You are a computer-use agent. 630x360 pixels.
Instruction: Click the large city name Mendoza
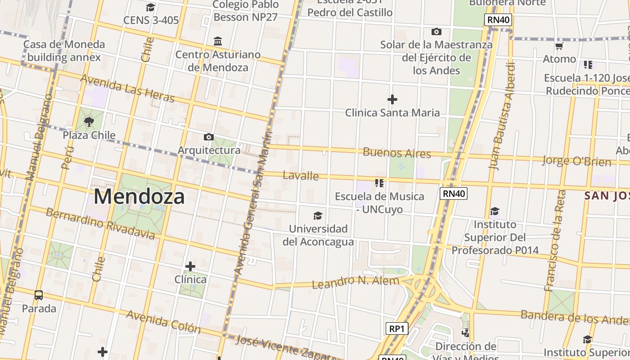pyautogui.click(x=139, y=197)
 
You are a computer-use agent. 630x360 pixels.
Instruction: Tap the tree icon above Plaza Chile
pyautogui.click(x=89, y=121)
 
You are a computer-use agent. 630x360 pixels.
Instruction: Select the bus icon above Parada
pyautogui.click(x=39, y=295)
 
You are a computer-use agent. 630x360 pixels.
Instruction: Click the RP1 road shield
pyautogui.click(x=396, y=328)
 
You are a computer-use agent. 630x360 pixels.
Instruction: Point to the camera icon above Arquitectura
pyautogui.click(x=209, y=137)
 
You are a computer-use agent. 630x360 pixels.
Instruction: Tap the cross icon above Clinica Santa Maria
pyautogui.click(x=392, y=99)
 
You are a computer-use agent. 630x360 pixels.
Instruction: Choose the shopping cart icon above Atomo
pyautogui.click(x=559, y=46)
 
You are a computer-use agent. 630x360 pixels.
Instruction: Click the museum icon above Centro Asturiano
pyautogui.click(x=218, y=41)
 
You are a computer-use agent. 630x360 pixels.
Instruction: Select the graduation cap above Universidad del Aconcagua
pyautogui.click(x=318, y=216)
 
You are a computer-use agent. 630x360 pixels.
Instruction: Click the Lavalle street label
pyautogui.click(x=301, y=175)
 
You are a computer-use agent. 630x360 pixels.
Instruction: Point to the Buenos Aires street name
pyautogui.click(x=397, y=153)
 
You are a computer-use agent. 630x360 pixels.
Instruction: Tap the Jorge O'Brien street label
pyautogui.click(x=576, y=161)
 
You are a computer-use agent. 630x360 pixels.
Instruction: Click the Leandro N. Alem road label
pyautogui.click(x=355, y=282)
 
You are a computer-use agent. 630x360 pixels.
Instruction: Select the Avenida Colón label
pyautogui.click(x=163, y=321)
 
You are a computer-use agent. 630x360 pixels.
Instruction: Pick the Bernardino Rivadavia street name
pyautogui.click(x=100, y=224)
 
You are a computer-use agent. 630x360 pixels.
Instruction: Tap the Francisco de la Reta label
pyautogui.click(x=555, y=240)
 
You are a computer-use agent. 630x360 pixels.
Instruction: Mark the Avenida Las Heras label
pyautogui.click(x=127, y=88)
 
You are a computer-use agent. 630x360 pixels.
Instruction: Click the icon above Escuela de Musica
pyautogui.click(x=379, y=183)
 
